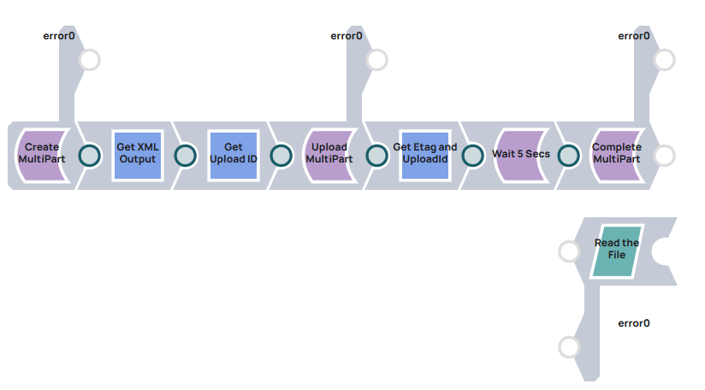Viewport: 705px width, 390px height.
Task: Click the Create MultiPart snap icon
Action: (42, 155)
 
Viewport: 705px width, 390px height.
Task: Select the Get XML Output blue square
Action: (137, 155)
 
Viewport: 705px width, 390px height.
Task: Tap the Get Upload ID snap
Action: (233, 155)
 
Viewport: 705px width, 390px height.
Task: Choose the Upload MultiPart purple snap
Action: (329, 155)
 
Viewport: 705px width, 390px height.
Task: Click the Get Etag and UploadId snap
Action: (425, 155)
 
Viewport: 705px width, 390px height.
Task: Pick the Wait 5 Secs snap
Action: (521, 155)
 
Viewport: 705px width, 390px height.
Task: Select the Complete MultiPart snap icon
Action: (617, 155)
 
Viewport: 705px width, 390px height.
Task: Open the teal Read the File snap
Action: (617, 251)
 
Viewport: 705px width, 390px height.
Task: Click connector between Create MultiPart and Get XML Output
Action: (90, 156)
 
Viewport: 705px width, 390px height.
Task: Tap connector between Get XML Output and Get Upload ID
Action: (186, 156)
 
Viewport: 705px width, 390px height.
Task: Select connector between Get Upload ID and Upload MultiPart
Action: (281, 156)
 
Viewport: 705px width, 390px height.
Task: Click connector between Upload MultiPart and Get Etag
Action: (377, 156)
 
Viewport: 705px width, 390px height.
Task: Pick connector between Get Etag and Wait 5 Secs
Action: (473, 156)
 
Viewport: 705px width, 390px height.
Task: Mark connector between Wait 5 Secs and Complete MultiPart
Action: (569, 156)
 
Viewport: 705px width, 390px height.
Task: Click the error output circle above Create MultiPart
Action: (90, 60)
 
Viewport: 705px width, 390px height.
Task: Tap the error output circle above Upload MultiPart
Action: (377, 60)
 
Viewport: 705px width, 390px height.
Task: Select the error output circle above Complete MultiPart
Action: (665, 60)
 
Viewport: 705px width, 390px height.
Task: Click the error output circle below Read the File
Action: (569, 347)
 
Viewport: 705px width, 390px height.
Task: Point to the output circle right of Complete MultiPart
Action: (665, 156)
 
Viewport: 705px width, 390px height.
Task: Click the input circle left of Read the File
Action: (569, 251)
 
